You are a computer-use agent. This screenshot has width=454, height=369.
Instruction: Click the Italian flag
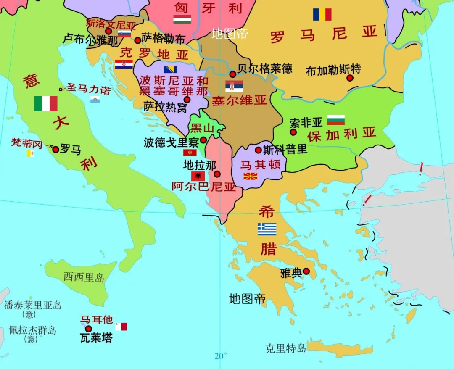coord(46,103)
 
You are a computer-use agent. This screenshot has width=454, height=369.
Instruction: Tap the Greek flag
coord(267,229)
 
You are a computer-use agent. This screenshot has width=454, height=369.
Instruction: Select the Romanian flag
coord(322,15)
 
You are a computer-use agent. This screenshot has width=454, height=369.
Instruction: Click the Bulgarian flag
coord(336,120)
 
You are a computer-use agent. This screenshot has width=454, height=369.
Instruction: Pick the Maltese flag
coord(121,327)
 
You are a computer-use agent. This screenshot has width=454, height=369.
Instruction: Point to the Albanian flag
coord(198,176)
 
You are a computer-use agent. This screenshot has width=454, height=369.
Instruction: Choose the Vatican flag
coord(30,153)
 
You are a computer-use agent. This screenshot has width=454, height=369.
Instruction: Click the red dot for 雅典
coord(306,271)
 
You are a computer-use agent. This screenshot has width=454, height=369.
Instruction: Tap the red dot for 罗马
coord(55,149)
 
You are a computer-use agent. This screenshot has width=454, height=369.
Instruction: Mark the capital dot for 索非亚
coord(293,132)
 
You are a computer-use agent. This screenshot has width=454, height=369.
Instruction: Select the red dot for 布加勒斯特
coord(350,78)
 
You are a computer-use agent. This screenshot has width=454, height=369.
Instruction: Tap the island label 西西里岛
coord(84,277)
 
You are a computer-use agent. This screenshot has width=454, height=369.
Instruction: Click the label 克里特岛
coord(285,348)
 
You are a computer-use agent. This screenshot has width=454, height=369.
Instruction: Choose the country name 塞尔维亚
coord(239,100)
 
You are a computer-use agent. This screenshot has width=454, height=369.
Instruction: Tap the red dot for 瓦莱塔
coord(88,329)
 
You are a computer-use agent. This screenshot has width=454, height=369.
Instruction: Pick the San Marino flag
coord(95,100)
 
